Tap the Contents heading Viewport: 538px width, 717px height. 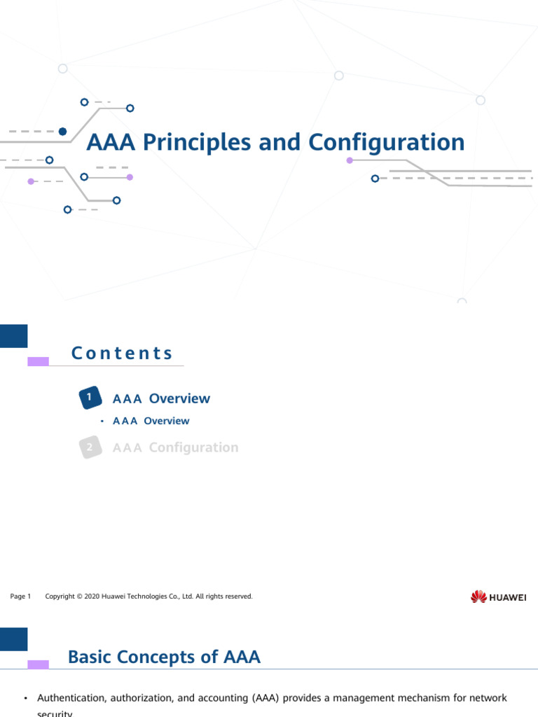pos(122,353)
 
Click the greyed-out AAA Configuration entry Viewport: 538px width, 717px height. pos(175,447)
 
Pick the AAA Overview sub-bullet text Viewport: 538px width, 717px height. pos(151,421)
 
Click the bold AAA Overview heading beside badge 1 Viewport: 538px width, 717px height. pos(161,398)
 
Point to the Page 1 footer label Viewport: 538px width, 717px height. pos(21,597)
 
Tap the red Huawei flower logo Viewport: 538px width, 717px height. pos(478,597)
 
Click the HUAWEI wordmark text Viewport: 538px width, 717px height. pos(508,597)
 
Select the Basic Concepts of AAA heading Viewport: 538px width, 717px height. pos(164,657)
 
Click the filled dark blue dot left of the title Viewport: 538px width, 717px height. pos(62,131)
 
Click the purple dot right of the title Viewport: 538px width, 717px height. pos(350,160)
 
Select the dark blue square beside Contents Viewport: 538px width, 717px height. pos(13,336)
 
